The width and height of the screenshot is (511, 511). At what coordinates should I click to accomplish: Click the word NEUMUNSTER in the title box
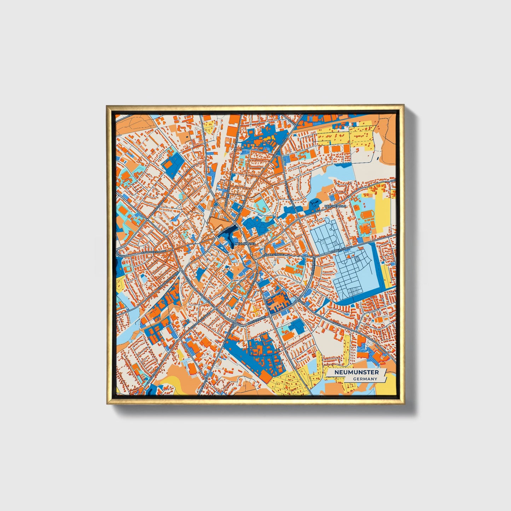(356, 372)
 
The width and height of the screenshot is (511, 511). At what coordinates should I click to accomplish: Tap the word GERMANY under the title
(365, 379)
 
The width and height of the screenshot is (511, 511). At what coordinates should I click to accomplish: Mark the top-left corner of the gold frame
(107, 105)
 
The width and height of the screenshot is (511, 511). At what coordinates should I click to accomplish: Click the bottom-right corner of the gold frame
(403, 404)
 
